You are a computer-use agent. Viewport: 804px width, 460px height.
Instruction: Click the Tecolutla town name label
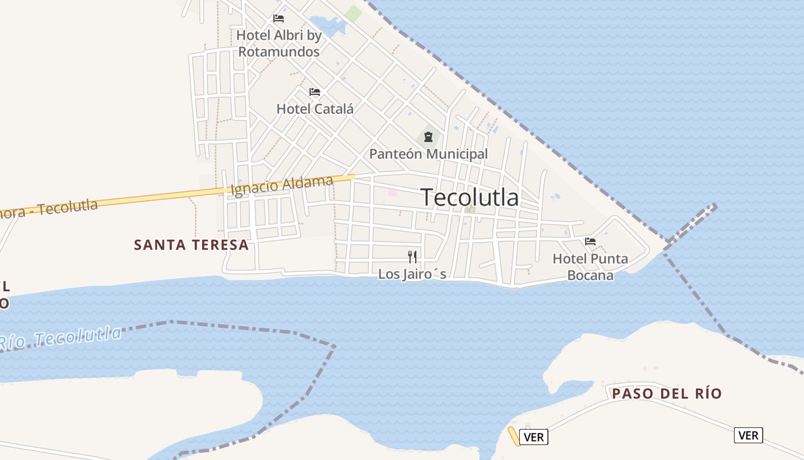click(x=470, y=197)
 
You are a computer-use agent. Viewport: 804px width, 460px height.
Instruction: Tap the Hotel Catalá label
click(x=315, y=109)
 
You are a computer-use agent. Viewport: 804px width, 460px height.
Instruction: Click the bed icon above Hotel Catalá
click(x=314, y=92)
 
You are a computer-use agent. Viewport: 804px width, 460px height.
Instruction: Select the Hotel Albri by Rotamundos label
click(x=279, y=43)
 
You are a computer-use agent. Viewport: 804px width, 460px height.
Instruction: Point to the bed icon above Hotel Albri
click(x=279, y=18)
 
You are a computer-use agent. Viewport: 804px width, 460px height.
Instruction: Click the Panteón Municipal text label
click(x=428, y=154)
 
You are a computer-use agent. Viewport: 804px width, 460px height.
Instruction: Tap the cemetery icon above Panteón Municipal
click(x=428, y=137)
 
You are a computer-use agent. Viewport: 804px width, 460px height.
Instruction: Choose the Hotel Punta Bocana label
click(x=590, y=267)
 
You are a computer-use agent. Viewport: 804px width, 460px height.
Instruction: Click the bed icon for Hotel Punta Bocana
click(x=590, y=241)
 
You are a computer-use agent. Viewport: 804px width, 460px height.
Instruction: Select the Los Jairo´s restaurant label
click(x=412, y=274)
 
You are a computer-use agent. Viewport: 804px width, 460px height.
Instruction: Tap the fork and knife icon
click(x=412, y=256)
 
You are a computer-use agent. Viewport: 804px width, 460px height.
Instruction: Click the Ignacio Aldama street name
click(x=281, y=186)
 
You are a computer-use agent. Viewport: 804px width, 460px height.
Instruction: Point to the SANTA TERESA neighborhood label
click(x=191, y=245)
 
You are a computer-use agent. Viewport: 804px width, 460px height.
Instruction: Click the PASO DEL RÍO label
click(x=667, y=394)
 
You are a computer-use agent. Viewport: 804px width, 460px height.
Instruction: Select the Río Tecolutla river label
click(x=60, y=338)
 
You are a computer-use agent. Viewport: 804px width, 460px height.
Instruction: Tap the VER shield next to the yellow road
click(x=534, y=437)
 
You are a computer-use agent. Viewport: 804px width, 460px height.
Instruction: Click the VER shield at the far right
click(x=748, y=435)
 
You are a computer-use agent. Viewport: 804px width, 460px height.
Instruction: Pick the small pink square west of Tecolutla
click(x=392, y=193)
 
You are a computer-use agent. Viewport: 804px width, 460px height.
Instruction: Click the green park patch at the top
click(x=354, y=13)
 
